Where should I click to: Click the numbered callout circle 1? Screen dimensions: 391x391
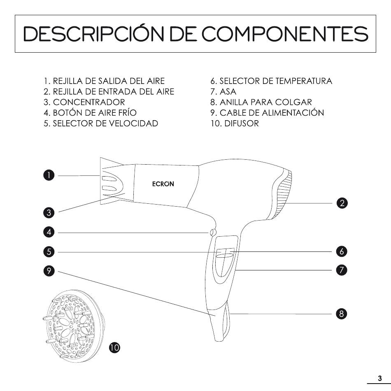(x=49, y=175)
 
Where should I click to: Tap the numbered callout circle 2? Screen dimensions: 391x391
(x=342, y=203)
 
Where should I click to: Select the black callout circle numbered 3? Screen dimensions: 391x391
(x=49, y=213)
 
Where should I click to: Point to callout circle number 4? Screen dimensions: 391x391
(x=49, y=232)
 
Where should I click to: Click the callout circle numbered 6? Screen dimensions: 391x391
(x=342, y=251)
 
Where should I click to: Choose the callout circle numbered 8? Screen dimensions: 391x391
(x=341, y=314)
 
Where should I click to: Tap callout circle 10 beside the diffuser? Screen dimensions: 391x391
(x=114, y=347)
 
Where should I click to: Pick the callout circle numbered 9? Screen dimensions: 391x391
(x=49, y=271)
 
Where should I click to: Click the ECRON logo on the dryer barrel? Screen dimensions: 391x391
(x=163, y=184)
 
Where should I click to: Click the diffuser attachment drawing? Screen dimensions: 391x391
(x=74, y=326)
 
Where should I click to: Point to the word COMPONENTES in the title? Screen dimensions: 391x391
(x=285, y=34)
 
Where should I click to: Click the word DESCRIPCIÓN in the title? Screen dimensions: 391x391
(x=94, y=33)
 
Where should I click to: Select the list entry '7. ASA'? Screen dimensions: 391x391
(x=223, y=92)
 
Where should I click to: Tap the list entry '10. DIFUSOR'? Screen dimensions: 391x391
(x=235, y=123)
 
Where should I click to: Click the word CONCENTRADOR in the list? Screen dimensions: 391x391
(x=89, y=102)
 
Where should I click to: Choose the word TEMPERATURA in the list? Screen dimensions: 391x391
(x=304, y=81)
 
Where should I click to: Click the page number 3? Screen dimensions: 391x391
(x=380, y=378)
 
